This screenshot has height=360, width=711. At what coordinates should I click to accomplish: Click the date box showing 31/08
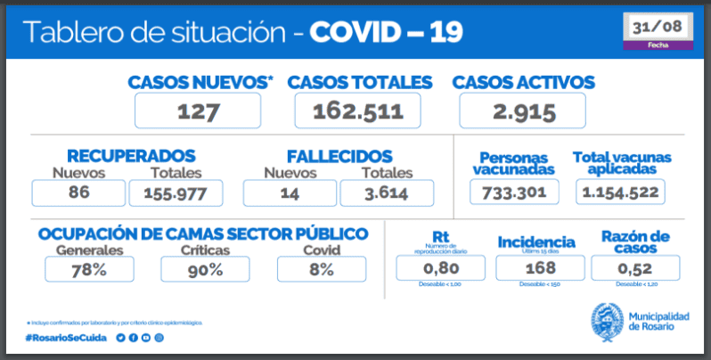pos(658,29)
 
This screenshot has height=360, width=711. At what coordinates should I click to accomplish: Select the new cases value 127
pos(198,110)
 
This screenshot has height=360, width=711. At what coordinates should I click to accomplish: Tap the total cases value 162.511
pos(357,110)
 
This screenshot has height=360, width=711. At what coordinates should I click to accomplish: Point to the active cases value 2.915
pos(522,110)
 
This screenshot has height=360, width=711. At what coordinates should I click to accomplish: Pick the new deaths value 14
pos(289,192)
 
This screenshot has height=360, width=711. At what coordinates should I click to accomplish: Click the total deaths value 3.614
pos(387,192)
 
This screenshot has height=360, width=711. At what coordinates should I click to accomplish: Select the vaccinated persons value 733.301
pos(514,192)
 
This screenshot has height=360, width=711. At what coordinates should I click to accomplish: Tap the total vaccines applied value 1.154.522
pos(622,192)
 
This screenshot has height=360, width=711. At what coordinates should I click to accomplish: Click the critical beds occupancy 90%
pos(205,269)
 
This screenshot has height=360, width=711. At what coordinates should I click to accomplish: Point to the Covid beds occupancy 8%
pos(321,269)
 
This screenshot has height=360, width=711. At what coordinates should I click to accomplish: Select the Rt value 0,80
pos(440,267)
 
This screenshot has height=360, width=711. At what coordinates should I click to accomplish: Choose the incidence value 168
pos(535,267)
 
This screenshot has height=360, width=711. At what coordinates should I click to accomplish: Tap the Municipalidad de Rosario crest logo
pos(607,321)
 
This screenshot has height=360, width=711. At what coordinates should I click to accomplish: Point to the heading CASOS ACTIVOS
pos(523,82)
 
